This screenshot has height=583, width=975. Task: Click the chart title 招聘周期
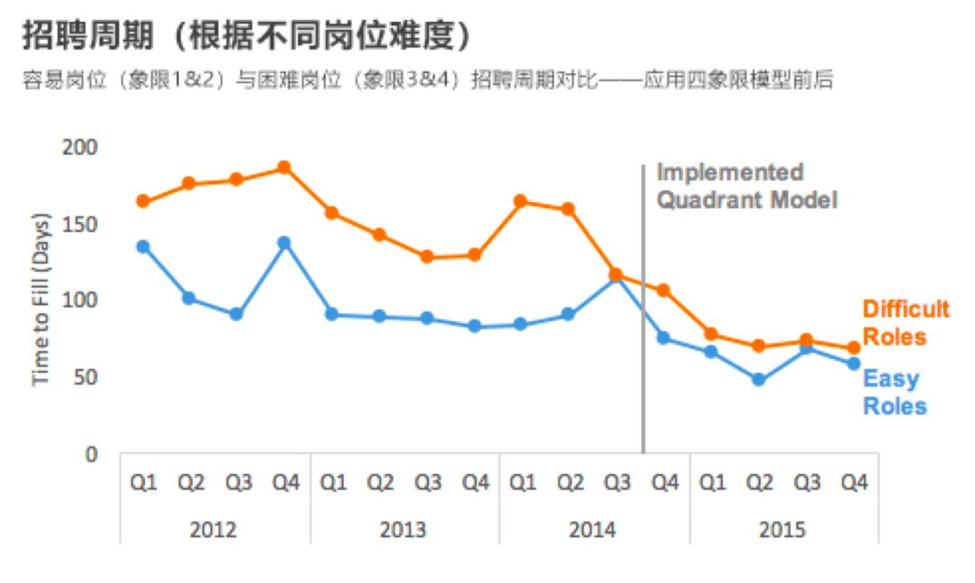[88, 35]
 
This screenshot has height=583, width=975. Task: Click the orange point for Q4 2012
[284, 168]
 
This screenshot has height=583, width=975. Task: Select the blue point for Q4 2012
[284, 243]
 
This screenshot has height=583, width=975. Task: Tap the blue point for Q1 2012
[143, 246]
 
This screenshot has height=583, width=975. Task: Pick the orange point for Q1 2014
[521, 201]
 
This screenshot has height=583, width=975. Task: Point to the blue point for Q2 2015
[758, 379]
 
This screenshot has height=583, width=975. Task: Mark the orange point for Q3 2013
[426, 256]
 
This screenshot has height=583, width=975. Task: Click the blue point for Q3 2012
[237, 314]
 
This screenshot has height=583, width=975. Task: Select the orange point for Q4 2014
[664, 291]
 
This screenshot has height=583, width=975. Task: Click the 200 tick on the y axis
[79, 147]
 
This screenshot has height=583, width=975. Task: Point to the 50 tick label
[85, 377]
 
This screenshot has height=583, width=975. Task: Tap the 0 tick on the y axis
[91, 454]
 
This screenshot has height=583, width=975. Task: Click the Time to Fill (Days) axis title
[41, 300]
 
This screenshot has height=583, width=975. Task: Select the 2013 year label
[403, 530]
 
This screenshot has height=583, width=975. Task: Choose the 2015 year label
[782, 530]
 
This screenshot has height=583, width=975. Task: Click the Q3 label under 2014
[617, 482]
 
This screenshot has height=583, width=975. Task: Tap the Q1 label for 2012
[144, 482]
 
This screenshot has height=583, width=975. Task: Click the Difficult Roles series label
[906, 322]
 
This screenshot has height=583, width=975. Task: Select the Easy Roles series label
[895, 393]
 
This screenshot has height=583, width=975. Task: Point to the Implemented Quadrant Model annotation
[747, 186]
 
